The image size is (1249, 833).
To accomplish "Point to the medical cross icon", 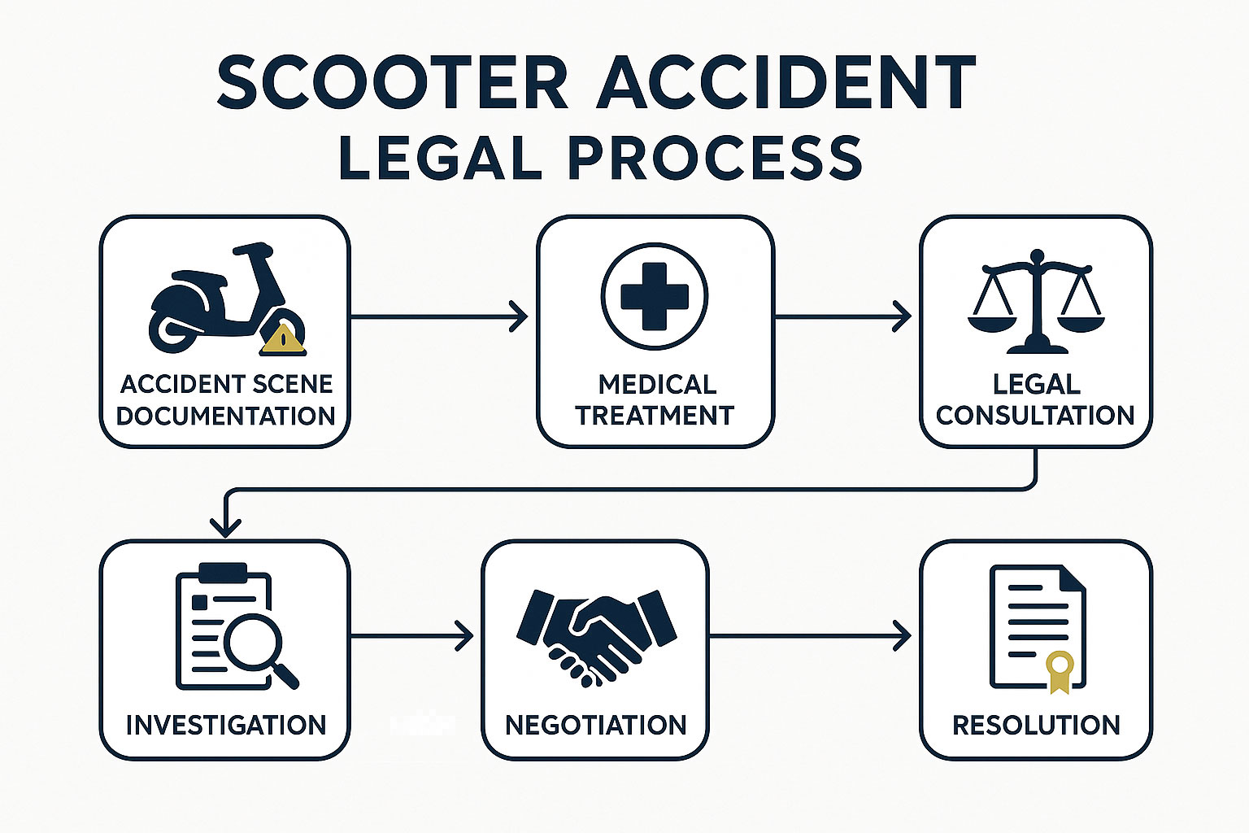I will pyautogui.click(x=655, y=296).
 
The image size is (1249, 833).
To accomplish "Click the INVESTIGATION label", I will pyautogui.click(x=225, y=725).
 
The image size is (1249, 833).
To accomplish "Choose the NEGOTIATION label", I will pyautogui.click(x=596, y=725).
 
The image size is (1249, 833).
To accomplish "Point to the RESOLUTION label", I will pyautogui.click(x=1036, y=725).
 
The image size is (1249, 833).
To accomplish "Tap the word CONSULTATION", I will pyautogui.click(x=1035, y=415).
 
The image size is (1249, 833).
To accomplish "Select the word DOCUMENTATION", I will pyautogui.click(x=225, y=416).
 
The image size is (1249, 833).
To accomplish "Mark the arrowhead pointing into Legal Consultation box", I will pyautogui.click(x=903, y=316).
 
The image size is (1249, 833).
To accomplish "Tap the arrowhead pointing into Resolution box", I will pyautogui.click(x=903, y=635).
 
